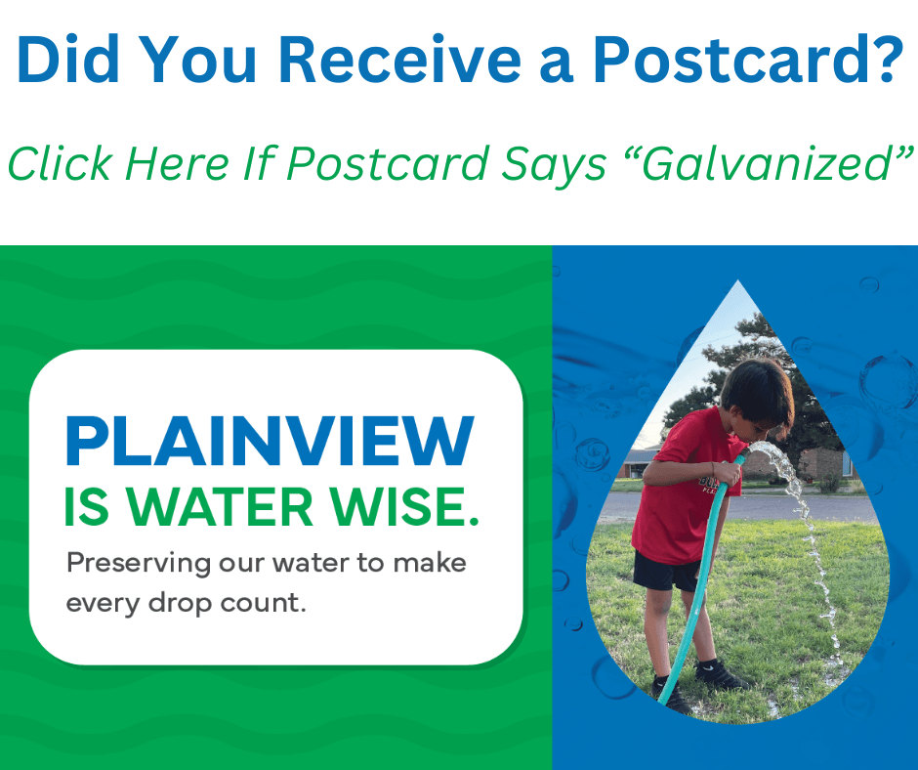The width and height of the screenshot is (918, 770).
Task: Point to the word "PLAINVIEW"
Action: (270, 442)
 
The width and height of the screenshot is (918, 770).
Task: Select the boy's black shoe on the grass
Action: (723, 676)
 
